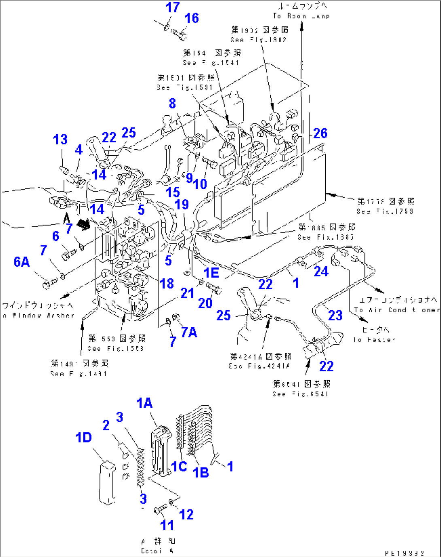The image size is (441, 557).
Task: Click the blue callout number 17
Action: tap(172, 7)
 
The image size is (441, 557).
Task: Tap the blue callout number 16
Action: tap(191, 18)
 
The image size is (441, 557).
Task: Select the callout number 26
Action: tap(320, 133)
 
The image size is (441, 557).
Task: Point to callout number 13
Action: tap(60, 140)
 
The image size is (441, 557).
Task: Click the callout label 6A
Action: tap(22, 262)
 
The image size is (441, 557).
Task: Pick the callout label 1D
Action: tap(83, 438)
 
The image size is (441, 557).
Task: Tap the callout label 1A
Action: tap(144, 403)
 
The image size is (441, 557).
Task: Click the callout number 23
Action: tap(335, 316)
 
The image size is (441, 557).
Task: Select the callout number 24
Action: tap(321, 271)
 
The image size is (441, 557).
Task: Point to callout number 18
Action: tap(167, 284)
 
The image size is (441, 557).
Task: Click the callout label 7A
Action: tap(189, 333)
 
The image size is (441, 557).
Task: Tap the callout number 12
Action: tap(186, 515)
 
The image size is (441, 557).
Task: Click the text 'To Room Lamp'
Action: tap(301, 16)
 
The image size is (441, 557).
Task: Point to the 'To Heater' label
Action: tap(374, 340)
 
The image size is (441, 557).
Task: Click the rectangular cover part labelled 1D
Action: tap(107, 483)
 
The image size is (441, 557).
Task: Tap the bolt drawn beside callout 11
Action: tap(160, 509)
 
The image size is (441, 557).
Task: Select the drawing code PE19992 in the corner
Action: tap(404, 553)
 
